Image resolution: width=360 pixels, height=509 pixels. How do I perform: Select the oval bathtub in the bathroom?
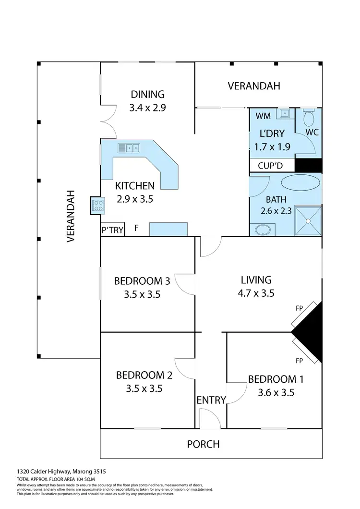(x=300, y=183)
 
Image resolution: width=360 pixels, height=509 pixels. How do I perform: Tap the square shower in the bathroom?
(x=307, y=221)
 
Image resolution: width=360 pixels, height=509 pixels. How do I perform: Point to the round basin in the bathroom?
(x=263, y=230)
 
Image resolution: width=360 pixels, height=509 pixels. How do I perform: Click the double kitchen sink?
(x=129, y=148)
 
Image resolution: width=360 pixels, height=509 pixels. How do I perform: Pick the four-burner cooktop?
(x=97, y=206)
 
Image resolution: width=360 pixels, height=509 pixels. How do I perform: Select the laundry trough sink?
(x=285, y=113)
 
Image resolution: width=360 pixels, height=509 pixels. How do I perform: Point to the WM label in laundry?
(x=263, y=116)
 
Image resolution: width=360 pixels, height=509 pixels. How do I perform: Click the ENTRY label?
(x=211, y=400)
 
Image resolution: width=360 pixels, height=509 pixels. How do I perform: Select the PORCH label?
(x=203, y=444)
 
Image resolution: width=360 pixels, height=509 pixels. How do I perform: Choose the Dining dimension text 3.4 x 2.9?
(x=147, y=108)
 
